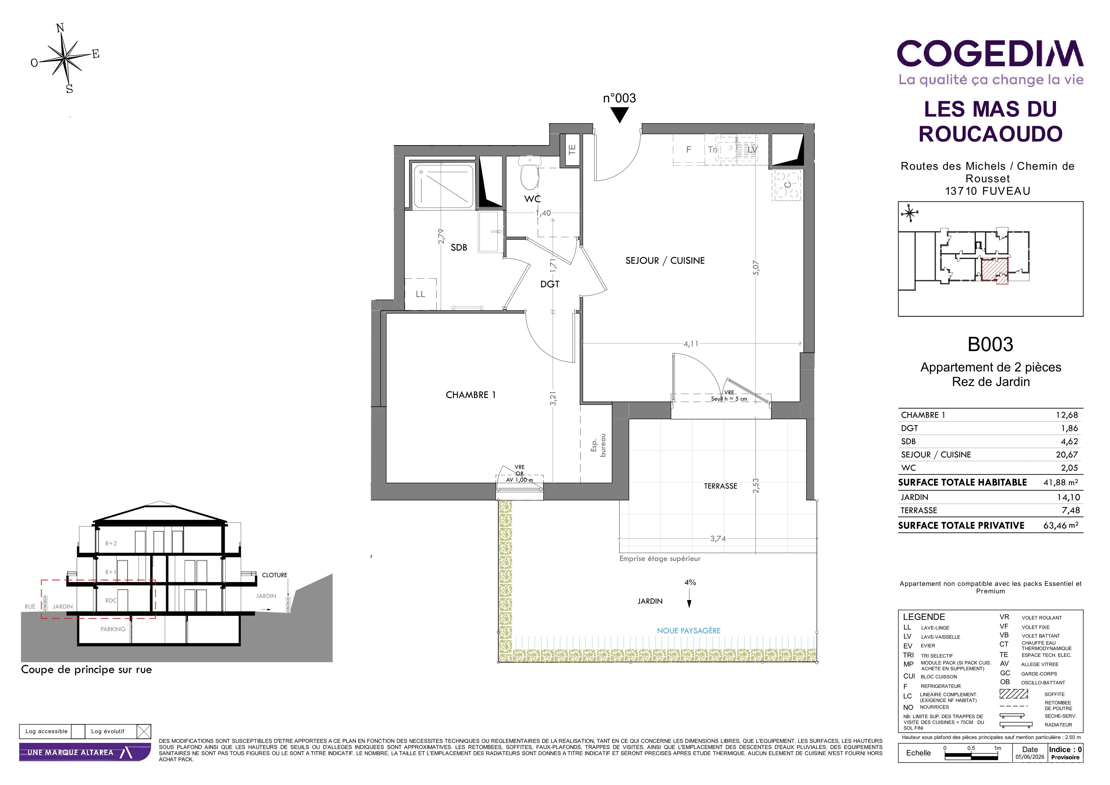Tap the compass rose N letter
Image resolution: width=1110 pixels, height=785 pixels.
coord(60,28)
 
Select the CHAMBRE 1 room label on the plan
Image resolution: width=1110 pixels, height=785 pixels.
coord(470,395)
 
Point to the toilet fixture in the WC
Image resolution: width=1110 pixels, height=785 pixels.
coord(530,172)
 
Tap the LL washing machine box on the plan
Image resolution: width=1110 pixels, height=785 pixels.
coord(421,294)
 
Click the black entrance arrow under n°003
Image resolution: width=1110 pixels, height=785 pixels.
coord(619,114)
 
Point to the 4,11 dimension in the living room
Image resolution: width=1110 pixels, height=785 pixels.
coord(691,344)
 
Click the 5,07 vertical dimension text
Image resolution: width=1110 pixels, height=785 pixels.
coord(756,268)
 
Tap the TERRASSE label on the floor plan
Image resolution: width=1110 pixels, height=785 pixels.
coord(720,486)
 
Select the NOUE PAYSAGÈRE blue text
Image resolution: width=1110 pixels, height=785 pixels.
coord(689,631)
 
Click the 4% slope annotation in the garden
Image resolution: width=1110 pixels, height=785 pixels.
coord(690,582)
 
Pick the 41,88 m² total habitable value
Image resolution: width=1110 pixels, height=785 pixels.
coord(1061,483)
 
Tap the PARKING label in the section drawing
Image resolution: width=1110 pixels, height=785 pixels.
coord(113,629)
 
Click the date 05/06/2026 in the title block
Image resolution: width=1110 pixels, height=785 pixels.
coord(1030,757)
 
